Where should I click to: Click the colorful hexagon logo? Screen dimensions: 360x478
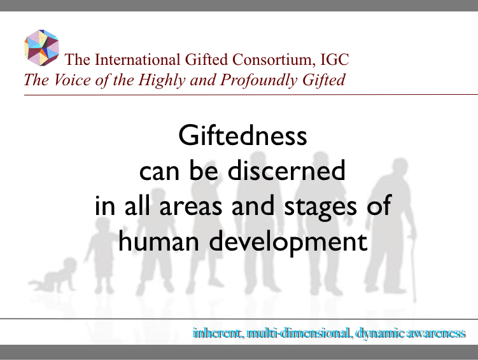pyautogui.click(x=41, y=48)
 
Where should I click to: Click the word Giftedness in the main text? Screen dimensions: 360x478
pyautogui.click(x=242, y=137)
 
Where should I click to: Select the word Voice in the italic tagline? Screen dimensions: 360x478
pyautogui.click(x=67, y=80)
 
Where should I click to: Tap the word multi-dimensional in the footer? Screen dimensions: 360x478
pyautogui.click(x=299, y=333)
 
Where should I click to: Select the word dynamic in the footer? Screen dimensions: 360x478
pyautogui.click(x=378, y=333)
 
